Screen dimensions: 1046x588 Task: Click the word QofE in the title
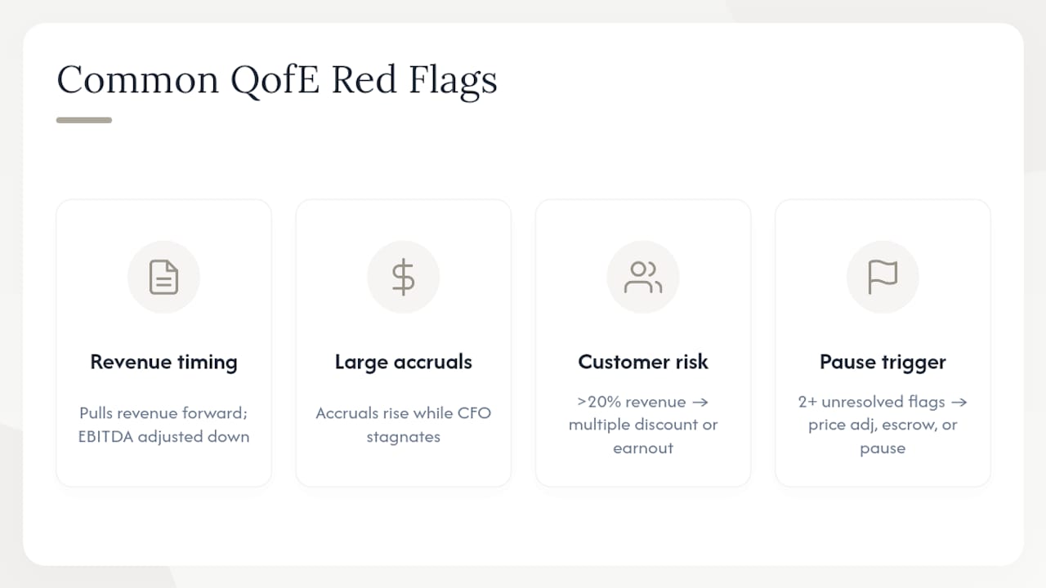(x=275, y=80)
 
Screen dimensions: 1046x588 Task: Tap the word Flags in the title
(x=453, y=81)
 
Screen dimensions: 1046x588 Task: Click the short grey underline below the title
(x=84, y=120)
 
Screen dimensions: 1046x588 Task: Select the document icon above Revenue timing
(x=164, y=277)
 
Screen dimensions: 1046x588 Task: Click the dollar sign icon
(x=404, y=277)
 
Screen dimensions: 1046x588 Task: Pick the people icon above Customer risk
(x=643, y=277)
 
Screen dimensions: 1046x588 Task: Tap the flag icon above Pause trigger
(x=883, y=277)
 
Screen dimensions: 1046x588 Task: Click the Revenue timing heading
(x=164, y=362)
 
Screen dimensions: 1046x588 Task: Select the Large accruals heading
(x=404, y=362)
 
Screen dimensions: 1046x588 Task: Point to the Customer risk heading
(x=643, y=362)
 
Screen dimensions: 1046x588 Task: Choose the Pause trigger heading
(x=883, y=362)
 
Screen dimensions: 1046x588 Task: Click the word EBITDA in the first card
(x=105, y=437)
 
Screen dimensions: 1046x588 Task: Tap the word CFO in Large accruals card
(x=474, y=413)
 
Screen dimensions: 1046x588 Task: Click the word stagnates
(x=404, y=437)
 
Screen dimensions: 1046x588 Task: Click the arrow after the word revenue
(x=700, y=403)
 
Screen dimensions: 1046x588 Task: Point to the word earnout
(x=643, y=448)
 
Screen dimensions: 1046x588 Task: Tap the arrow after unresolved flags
(x=959, y=403)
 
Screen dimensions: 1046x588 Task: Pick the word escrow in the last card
(x=906, y=425)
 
